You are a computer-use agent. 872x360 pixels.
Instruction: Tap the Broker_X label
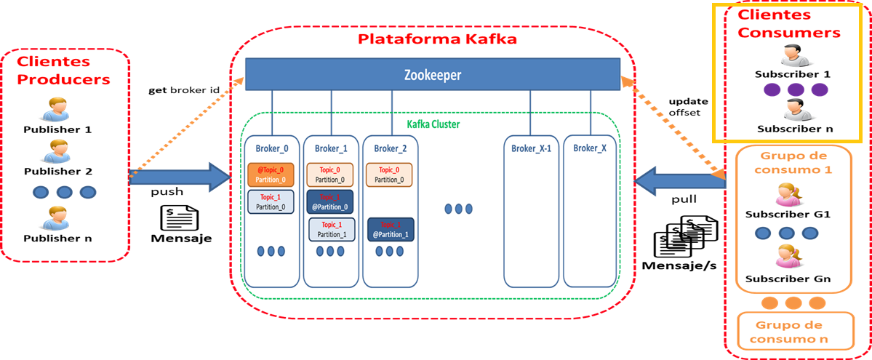(x=590, y=148)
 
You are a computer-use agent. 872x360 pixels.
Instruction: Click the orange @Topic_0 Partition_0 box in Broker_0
(x=271, y=174)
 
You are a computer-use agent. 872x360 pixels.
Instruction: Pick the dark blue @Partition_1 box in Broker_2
(x=391, y=230)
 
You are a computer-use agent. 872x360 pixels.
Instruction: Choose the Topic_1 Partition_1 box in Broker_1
(x=331, y=230)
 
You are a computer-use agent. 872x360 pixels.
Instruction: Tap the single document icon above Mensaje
(x=180, y=218)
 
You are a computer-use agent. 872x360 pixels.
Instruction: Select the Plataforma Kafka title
(x=437, y=39)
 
